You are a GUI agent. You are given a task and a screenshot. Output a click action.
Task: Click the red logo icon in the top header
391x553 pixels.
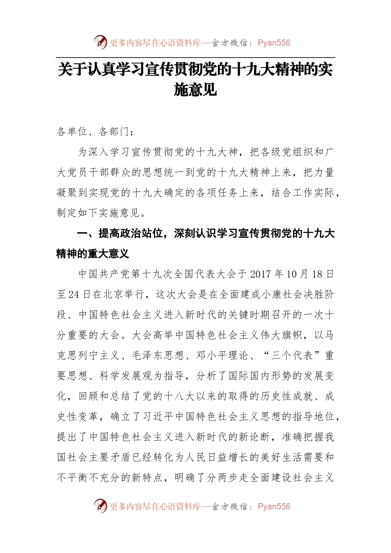(100, 42)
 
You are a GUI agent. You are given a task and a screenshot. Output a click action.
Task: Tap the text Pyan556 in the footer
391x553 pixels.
(274, 507)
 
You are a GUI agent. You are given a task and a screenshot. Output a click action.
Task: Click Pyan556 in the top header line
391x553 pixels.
(274, 43)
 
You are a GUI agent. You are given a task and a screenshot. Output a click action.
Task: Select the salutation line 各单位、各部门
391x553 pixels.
(95, 132)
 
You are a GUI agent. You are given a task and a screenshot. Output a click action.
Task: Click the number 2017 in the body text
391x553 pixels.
(261, 274)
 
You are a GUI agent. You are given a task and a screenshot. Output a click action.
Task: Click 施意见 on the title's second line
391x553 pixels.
(195, 90)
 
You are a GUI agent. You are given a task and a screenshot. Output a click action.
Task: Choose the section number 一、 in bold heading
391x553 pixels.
(87, 234)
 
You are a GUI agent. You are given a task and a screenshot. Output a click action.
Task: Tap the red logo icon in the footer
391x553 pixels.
(100, 506)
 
